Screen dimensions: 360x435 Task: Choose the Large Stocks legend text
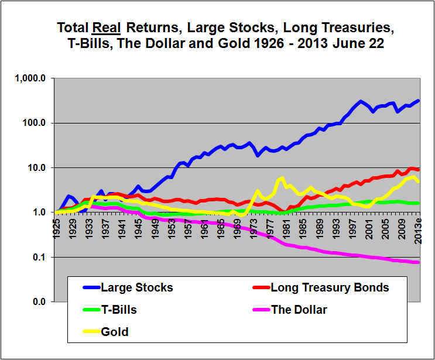pyautogui.click(x=136, y=287)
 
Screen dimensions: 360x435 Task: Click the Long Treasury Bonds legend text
pyautogui.click(x=330, y=287)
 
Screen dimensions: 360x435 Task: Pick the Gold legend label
pyautogui.click(x=115, y=332)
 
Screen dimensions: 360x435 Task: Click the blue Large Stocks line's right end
pyautogui.click(x=418, y=100)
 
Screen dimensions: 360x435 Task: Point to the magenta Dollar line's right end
pyautogui.click(x=418, y=262)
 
